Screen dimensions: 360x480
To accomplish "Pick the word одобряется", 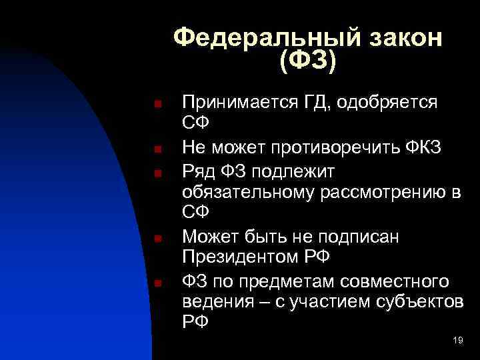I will click(x=388, y=103).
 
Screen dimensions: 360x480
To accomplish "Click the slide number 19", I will click(x=457, y=341).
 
